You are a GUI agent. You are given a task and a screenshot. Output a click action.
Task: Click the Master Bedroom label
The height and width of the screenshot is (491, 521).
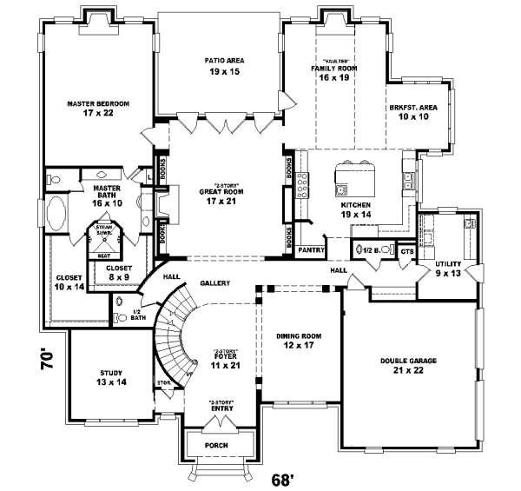[98, 108]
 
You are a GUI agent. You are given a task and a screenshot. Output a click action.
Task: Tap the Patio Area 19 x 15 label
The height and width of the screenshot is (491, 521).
[224, 65]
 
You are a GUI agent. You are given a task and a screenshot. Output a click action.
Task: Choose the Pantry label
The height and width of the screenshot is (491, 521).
[310, 249]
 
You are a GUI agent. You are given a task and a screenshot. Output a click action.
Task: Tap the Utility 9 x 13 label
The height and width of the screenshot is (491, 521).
[448, 268]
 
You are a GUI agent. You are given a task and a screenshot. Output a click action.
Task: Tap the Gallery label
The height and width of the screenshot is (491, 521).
[214, 283]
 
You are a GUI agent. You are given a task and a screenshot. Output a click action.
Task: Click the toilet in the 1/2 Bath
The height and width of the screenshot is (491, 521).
[120, 303]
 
